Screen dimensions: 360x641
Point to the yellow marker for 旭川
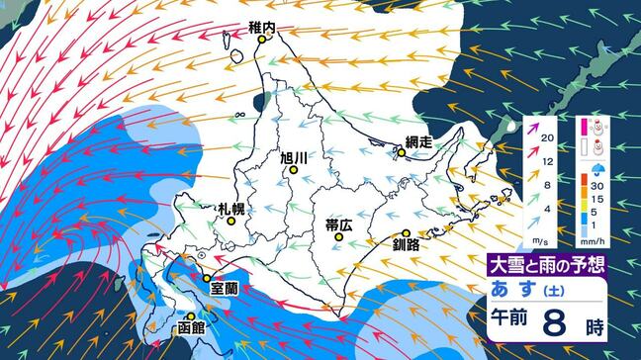[x=293, y=171]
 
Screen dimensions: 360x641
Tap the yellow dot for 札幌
[x=231, y=222]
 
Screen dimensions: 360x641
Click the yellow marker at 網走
[x=401, y=153]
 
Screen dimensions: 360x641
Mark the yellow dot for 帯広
[x=337, y=237]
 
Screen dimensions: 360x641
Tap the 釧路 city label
[x=407, y=242]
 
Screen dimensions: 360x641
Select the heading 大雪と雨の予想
[x=546, y=263]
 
